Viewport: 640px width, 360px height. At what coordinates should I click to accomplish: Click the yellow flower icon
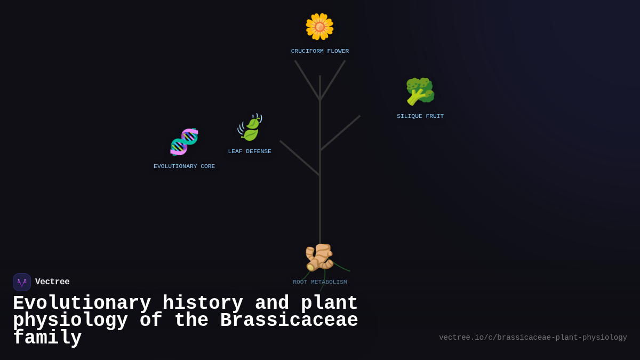[x=319, y=27]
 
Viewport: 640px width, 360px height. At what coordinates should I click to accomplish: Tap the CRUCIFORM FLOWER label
[x=320, y=51]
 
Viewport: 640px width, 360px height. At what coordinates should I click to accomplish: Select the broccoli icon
[x=420, y=91]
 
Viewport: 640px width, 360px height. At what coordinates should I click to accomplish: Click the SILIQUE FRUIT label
[x=420, y=116]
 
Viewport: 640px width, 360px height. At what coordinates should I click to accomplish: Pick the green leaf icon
[x=250, y=127]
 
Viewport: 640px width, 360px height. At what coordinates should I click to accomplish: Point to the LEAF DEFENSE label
[x=250, y=151]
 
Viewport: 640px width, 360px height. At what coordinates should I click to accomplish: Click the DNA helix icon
[x=184, y=142]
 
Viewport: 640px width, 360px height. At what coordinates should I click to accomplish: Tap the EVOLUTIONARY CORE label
[x=185, y=166]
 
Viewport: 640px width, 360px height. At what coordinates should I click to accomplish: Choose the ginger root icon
[x=319, y=257]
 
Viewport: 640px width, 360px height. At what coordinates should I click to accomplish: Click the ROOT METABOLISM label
[x=320, y=282]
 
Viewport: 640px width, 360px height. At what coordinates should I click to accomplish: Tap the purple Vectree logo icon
[x=22, y=282]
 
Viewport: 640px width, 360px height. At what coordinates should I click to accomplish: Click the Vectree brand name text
[x=52, y=282]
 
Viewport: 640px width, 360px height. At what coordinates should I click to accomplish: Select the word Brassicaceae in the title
[x=289, y=321]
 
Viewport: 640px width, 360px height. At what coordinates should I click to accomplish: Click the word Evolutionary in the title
[x=82, y=303]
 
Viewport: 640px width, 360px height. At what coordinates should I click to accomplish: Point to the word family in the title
[x=47, y=338]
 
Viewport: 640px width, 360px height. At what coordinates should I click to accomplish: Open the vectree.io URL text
[x=533, y=338]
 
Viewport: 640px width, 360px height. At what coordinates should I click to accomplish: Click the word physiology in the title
[x=70, y=321]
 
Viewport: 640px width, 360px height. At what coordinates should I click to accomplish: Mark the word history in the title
[x=203, y=303]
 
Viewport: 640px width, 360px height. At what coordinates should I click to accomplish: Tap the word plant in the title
[x=329, y=303]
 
